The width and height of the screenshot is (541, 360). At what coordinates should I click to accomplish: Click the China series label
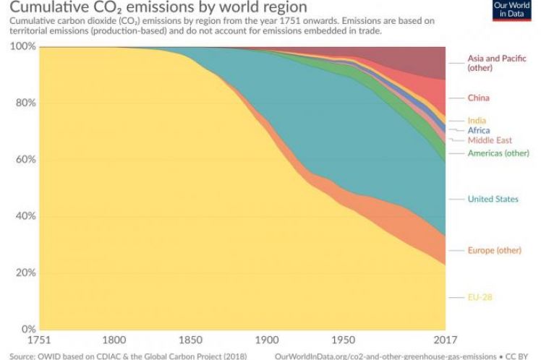click(x=478, y=98)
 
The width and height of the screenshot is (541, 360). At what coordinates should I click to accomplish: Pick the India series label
click(x=477, y=120)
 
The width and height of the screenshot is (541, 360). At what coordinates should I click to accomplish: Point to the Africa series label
click(x=479, y=130)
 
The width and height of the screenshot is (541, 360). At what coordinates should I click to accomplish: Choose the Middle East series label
click(x=490, y=140)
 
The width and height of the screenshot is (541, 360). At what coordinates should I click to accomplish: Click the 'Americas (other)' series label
click(x=498, y=153)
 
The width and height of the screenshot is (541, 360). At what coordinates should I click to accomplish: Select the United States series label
click(x=493, y=199)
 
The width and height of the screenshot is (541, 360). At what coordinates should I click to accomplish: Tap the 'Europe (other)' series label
click(x=494, y=250)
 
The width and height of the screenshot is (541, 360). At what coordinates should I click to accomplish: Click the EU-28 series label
click(x=480, y=297)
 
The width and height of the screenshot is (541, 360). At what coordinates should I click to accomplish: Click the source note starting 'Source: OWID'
click(x=127, y=355)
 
